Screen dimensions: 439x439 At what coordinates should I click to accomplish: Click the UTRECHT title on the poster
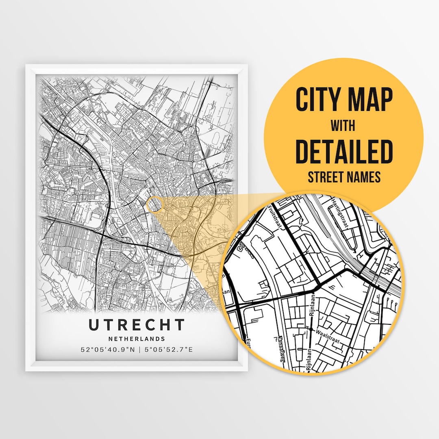(x=137, y=325)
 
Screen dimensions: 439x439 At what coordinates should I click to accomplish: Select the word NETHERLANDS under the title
(x=137, y=339)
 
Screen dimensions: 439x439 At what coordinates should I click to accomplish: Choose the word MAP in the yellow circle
(x=370, y=100)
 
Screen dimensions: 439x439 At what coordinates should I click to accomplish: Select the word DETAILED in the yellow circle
(x=344, y=151)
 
